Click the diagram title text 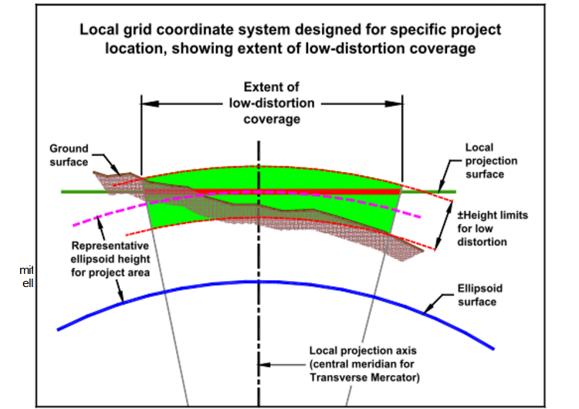pos(290,39)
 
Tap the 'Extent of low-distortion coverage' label pos(271,103)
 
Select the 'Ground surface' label pos(69,154)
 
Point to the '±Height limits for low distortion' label pos(491,228)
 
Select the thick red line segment pos(324,189)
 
